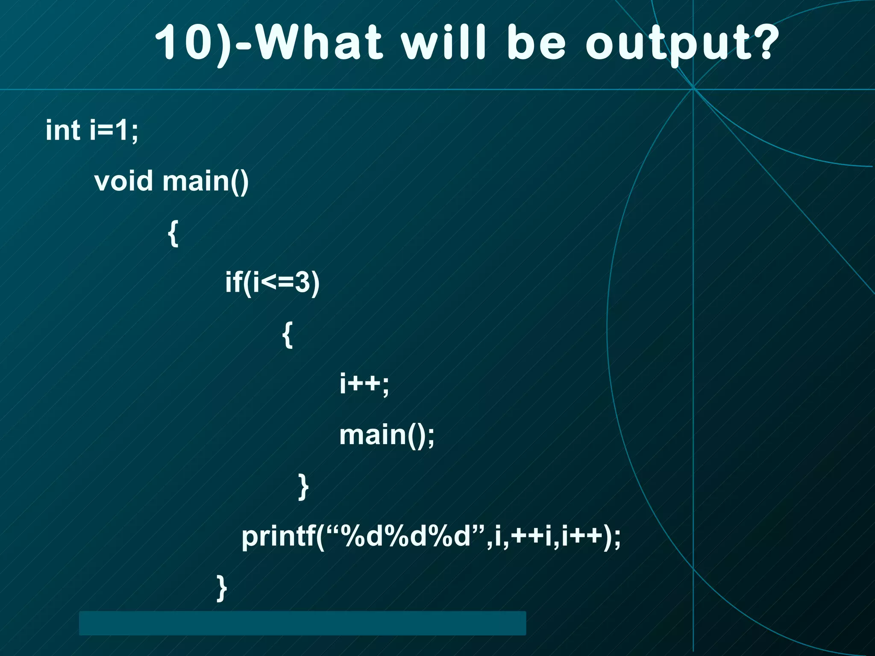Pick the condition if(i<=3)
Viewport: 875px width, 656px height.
click(273, 282)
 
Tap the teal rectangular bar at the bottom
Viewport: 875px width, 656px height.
click(302, 623)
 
